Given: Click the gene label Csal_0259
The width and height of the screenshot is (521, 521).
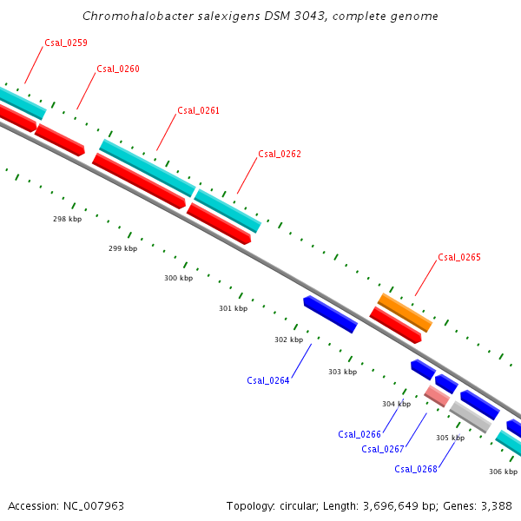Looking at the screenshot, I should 65,43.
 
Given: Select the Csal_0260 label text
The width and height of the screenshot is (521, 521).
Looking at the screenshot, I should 118,69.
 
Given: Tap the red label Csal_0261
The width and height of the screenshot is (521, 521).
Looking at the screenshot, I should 198,110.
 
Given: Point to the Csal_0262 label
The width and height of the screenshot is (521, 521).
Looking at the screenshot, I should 280,154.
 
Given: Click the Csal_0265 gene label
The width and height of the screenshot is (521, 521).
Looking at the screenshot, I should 458,257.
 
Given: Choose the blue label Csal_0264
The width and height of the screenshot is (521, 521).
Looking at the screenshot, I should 267,380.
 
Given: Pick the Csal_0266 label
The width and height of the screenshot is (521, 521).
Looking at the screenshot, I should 359,434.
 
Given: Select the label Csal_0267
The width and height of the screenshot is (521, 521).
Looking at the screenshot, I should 382,449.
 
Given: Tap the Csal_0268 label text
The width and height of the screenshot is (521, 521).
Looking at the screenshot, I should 415,469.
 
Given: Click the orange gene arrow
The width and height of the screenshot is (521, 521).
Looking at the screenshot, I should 405,313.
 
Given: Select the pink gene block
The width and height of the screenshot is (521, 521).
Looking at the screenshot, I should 437,396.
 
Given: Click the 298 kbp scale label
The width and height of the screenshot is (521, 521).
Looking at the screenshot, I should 67,220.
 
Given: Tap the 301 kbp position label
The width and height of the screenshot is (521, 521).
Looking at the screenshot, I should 233,308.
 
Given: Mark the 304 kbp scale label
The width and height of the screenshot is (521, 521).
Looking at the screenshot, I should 396,404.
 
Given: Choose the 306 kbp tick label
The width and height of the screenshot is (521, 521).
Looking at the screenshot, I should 503,472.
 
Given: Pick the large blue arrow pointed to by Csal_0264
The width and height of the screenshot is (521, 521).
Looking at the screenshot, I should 330,314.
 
